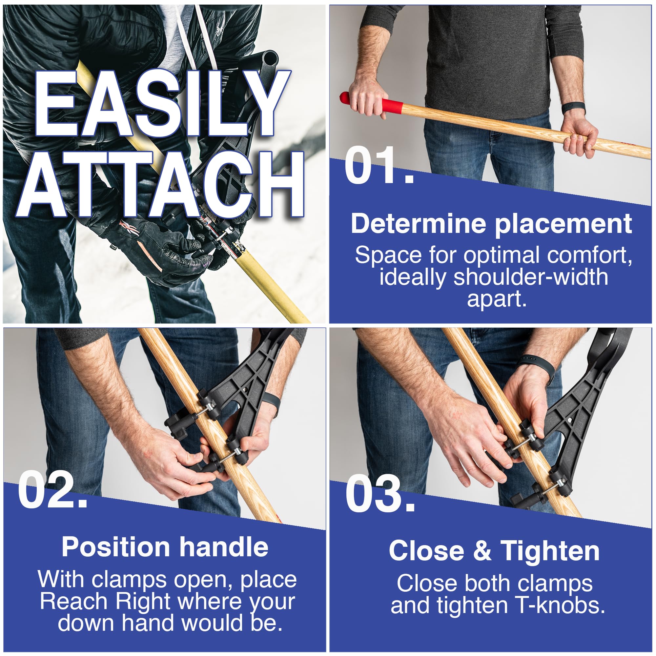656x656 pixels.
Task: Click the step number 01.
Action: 379,166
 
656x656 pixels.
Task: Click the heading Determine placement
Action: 491,224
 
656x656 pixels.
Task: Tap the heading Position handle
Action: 165,547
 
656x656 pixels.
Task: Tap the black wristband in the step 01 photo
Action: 573,109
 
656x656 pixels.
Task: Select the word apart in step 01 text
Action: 497,299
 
